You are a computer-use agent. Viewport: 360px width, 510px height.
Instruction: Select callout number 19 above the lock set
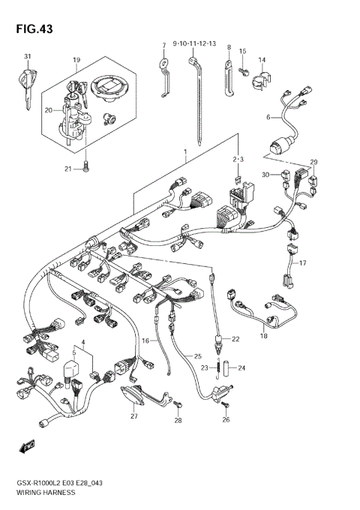pyautogui.click(x=76, y=59)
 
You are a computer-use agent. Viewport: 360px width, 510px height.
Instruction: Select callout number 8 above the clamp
pyautogui.click(x=229, y=46)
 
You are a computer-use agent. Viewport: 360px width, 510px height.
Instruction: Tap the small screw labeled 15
pyautogui.click(x=244, y=70)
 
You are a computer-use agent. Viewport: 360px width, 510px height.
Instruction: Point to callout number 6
pyautogui.click(x=267, y=117)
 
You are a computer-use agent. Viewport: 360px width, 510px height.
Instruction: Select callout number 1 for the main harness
pyautogui.click(x=184, y=152)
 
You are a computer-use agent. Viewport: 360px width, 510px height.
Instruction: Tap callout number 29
pyautogui.click(x=314, y=162)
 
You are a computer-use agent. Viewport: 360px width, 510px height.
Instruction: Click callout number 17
pyautogui.click(x=303, y=263)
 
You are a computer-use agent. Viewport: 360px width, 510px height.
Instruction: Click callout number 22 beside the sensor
pyautogui.click(x=235, y=339)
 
